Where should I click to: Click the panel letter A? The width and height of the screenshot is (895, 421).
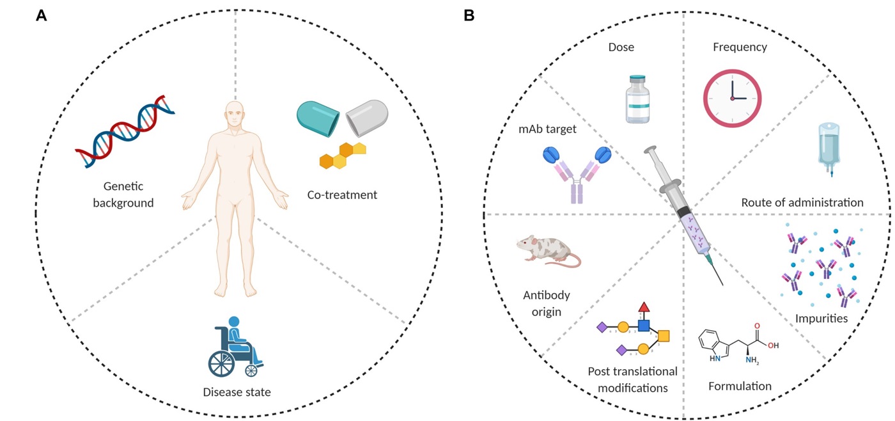[x=41, y=16]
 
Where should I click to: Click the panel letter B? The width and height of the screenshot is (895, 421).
[x=469, y=16]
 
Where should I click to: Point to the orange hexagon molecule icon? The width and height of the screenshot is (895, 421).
[x=342, y=155]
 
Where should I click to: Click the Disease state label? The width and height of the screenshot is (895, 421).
[x=237, y=392]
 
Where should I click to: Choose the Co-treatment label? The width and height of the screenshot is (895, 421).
[x=342, y=195]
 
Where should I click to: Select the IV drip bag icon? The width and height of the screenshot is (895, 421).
[x=829, y=148]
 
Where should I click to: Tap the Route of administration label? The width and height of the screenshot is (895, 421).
[x=802, y=202]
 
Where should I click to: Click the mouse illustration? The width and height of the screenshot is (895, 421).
[x=547, y=251]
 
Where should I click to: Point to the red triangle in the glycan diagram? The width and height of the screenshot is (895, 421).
[x=644, y=306]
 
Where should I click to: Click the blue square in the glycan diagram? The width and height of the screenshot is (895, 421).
[x=644, y=326]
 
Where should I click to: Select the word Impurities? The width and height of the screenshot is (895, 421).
[x=821, y=318]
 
